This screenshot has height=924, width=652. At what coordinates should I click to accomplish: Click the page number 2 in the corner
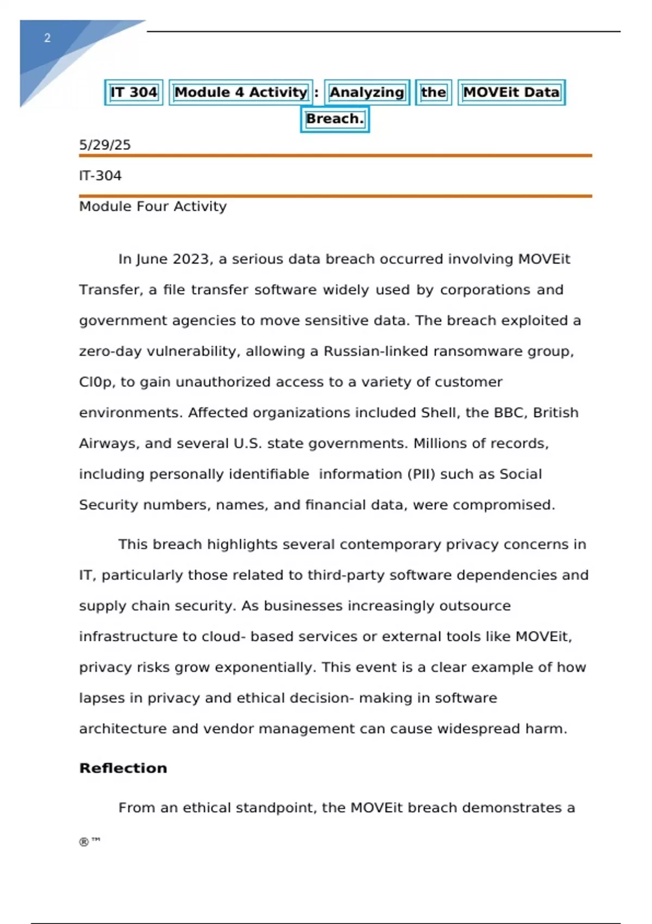[47, 38]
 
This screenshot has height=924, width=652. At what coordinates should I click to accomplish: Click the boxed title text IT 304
[134, 92]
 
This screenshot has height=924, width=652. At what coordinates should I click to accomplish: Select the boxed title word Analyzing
[367, 92]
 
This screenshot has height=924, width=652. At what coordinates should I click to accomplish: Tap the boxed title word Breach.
[335, 119]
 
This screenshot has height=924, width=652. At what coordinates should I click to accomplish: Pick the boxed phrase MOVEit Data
[511, 92]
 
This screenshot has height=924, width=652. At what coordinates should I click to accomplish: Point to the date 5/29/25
[105, 145]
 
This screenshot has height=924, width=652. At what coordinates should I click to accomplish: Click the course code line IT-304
[101, 176]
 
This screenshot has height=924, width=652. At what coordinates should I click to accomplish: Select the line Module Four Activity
[153, 207]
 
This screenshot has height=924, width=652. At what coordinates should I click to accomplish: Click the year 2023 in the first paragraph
[191, 259]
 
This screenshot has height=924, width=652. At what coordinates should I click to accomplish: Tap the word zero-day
[110, 352]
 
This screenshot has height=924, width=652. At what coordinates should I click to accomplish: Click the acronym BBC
[510, 413]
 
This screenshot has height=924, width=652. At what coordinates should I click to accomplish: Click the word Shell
[438, 413]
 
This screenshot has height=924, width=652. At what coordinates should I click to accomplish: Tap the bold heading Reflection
[123, 768]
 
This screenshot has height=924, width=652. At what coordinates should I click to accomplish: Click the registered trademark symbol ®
[84, 842]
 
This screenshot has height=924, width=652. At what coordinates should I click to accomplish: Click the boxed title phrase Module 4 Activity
[241, 92]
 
